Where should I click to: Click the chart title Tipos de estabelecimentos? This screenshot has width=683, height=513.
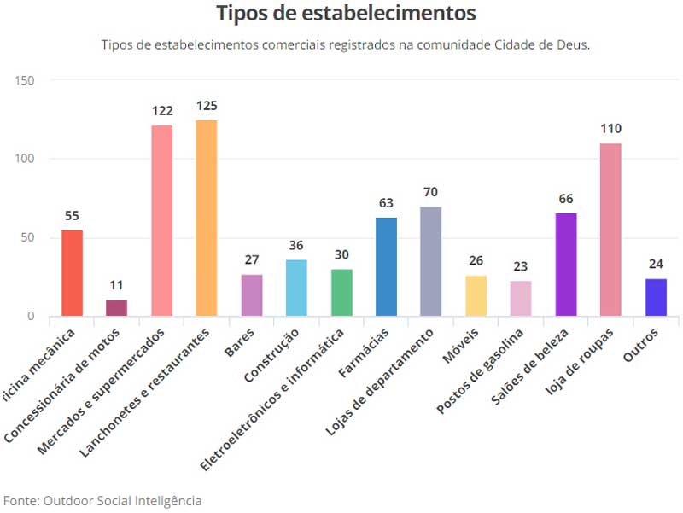click(x=346, y=15)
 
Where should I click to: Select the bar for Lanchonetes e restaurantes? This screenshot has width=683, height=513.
click(x=207, y=218)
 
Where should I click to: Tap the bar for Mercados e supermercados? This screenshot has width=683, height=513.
click(x=162, y=220)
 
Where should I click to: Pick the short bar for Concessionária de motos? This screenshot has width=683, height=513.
click(x=117, y=308)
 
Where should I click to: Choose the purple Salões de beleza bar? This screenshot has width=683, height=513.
click(x=566, y=265)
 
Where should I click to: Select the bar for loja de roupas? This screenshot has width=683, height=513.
click(x=610, y=230)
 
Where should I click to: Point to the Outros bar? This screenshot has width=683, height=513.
click(x=656, y=297)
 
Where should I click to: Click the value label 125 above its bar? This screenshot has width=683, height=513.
click(x=207, y=107)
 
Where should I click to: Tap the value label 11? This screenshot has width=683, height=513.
click(x=117, y=286)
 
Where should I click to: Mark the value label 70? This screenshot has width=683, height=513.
click(x=431, y=192)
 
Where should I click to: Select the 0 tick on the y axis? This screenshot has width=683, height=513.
click(x=32, y=317)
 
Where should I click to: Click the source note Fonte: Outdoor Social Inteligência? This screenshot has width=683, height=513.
click(x=102, y=500)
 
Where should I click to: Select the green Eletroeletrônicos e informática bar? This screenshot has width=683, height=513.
click(x=341, y=293)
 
